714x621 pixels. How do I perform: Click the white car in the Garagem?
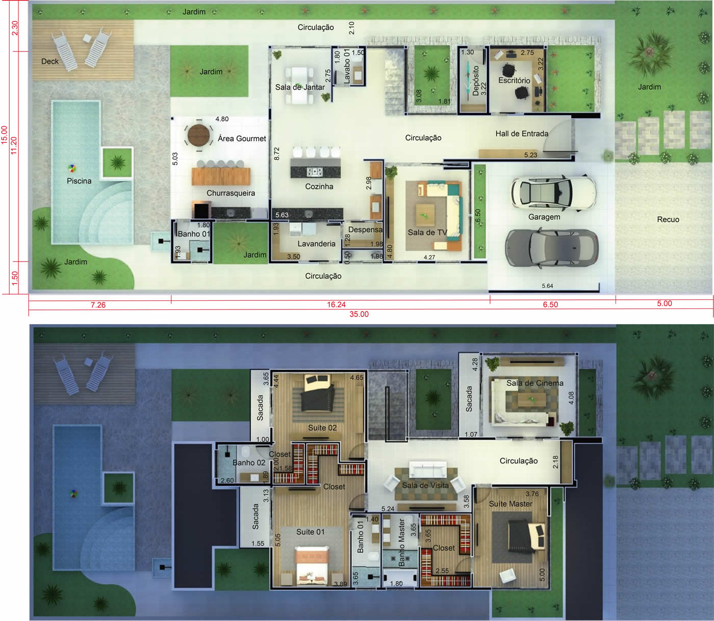553,193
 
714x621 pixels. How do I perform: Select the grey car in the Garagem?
552,248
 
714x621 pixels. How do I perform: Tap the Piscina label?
79,180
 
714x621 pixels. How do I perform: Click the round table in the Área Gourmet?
198,135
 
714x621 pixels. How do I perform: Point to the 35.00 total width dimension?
359,314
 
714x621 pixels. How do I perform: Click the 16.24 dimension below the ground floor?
336,304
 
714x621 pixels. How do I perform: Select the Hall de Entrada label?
522,133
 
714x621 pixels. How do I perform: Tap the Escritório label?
514,80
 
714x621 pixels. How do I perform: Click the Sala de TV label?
427,232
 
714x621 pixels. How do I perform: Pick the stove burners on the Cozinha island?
315,172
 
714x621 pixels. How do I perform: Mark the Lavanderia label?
316,244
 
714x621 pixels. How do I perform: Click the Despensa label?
365,229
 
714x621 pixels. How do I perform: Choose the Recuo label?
668,219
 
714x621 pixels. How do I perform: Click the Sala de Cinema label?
534,383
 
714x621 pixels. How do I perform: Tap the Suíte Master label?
511,504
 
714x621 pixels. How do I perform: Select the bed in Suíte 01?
312,565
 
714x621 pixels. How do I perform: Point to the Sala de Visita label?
425,485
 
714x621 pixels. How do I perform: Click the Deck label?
50,61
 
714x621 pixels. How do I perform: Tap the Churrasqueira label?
231,193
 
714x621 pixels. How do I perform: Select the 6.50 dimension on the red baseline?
550,304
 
